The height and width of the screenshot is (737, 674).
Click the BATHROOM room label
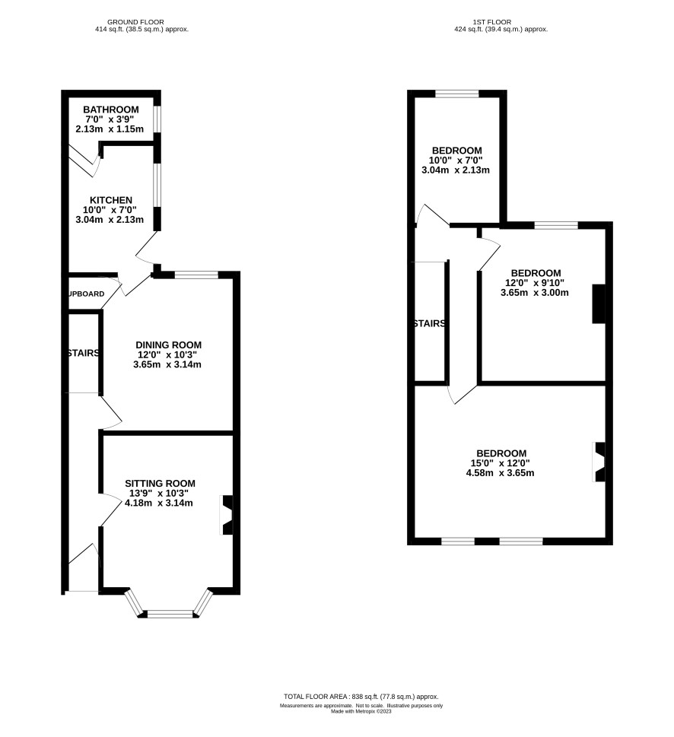[111, 109]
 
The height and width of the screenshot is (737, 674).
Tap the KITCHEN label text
[103, 200]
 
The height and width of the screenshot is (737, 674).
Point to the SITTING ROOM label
[161, 483]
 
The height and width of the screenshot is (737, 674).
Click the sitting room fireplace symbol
[227, 516]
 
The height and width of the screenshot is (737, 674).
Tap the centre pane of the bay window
[170, 612]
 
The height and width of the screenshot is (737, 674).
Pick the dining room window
[196, 275]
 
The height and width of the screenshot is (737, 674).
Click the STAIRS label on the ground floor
[82, 353]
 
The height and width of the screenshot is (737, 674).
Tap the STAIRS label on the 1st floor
[429, 323]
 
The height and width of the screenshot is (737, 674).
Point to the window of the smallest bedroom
[457, 94]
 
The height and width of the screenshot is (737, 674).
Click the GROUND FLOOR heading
[135, 21]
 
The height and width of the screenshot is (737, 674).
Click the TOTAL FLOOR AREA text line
[361, 697]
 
